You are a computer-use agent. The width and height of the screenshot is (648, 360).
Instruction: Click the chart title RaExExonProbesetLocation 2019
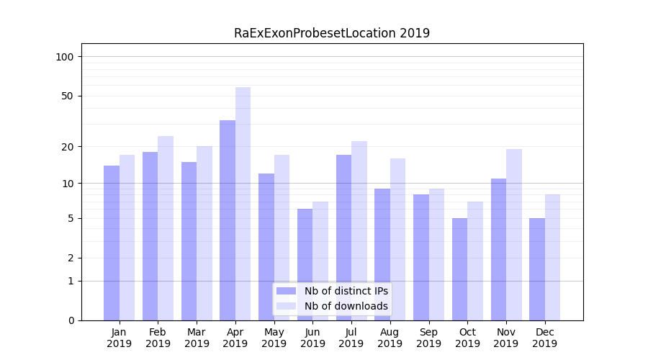[332, 33]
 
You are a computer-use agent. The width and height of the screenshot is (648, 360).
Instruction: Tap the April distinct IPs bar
[228, 220]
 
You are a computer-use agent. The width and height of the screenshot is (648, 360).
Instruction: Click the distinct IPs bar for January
[112, 243]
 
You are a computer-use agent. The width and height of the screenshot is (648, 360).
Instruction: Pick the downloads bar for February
[166, 228]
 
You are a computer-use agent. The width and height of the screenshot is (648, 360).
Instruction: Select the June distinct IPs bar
[305, 264]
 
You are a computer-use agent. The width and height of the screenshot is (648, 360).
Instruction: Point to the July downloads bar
[359, 230]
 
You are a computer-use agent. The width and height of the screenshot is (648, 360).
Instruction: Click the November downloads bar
[514, 235]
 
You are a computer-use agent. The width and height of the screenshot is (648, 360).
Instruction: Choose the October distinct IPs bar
[460, 269]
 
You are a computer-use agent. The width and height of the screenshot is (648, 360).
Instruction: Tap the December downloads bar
[552, 257]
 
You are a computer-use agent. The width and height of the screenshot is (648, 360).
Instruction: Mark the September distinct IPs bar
[421, 257]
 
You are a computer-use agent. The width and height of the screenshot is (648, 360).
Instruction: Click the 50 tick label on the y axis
[67, 96]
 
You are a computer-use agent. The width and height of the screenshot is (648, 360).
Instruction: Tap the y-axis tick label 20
[67, 147]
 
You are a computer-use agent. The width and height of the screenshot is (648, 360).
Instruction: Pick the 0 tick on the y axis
[71, 320]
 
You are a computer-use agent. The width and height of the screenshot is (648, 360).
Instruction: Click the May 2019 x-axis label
[274, 338]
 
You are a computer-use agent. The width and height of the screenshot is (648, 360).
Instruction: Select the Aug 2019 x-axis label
[390, 338]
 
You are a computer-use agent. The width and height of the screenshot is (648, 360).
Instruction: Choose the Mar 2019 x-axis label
[197, 338]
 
